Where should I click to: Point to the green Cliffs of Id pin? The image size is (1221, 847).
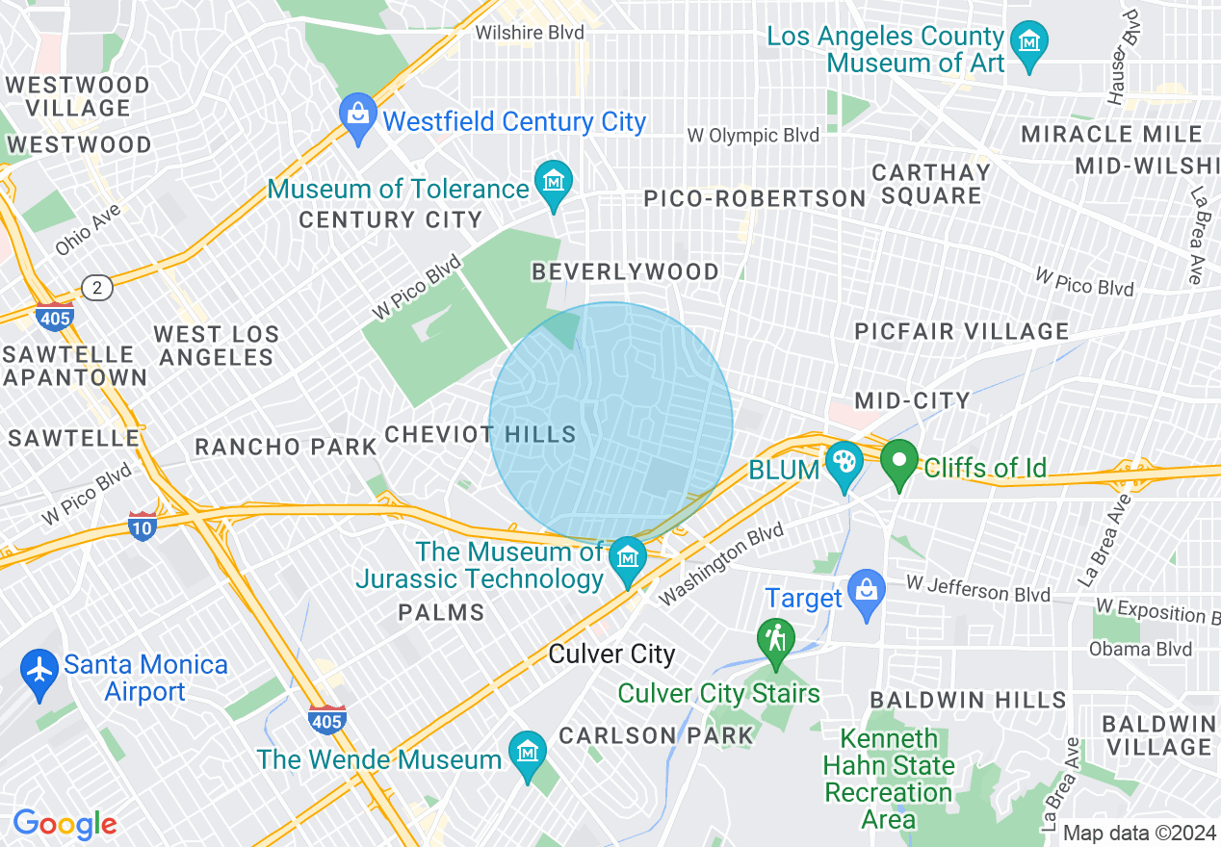tap(899, 462)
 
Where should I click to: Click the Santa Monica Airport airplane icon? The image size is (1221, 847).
tap(39, 670)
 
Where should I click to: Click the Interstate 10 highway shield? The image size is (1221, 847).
tap(143, 526)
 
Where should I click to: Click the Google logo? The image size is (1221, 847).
tap(65, 824)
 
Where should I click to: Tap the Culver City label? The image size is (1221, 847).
tap(611, 654)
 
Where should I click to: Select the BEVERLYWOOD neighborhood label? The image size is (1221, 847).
tap(625, 272)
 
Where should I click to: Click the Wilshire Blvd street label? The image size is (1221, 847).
tap(530, 33)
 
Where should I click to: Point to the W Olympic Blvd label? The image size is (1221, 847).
tap(753, 136)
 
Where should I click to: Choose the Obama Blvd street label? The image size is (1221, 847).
tap(1140, 649)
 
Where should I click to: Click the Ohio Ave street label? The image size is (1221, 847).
tap(88, 228)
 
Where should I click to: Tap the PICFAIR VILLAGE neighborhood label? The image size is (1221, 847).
tap(962, 332)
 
